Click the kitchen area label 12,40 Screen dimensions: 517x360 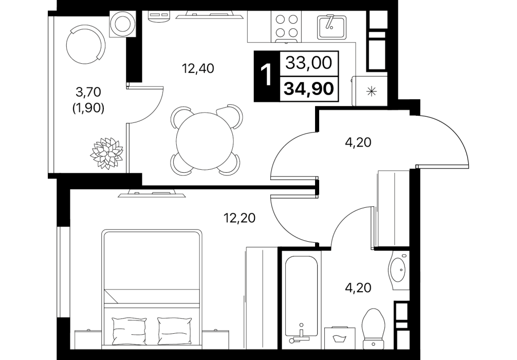click(x=198, y=68)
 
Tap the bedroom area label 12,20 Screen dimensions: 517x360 click(x=239, y=218)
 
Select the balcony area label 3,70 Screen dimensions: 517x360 click(x=88, y=92)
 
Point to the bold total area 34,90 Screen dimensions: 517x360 click(x=309, y=88)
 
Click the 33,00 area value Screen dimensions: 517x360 click(x=309, y=63)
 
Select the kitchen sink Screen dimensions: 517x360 click(x=331, y=27)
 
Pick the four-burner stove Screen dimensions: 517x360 click(x=286, y=27)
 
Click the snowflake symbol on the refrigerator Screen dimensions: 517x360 click(x=372, y=91)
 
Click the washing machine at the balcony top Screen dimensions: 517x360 click(x=122, y=24)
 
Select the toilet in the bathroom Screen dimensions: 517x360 click(x=373, y=329)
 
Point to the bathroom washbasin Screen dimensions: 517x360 click(x=399, y=269)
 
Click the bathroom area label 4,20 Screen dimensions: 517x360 click(x=358, y=287)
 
